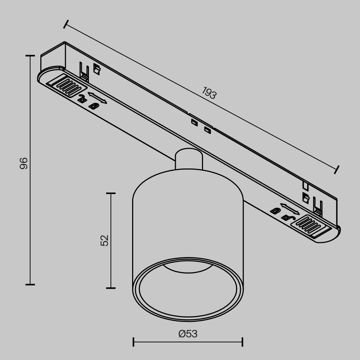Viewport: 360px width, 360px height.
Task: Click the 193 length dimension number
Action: pyautogui.click(x=209, y=93)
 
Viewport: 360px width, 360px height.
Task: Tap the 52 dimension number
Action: pyautogui.click(x=104, y=240)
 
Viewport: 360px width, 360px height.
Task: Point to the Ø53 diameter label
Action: pyautogui.click(x=188, y=334)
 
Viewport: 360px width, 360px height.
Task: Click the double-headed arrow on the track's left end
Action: pyautogui.click(x=98, y=98)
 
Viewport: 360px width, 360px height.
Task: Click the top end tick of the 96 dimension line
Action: pyautogui.click(x=30, y=56)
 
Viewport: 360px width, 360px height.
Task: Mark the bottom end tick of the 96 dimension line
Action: pyautogui.click(x=30, y=284)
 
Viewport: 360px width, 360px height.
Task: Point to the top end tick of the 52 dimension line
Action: pyautogui.click(x=111, y=193)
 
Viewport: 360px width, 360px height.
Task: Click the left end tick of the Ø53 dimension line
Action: pyautogui.click(x=134, y=342)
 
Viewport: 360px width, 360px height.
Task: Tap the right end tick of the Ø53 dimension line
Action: pyautogui.click(x=242, y=342)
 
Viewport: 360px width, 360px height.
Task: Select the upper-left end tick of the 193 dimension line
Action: pyautogui.click(x=65, y=24)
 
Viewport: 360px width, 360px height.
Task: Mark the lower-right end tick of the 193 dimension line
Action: pyautogui.click(x=337, y=169)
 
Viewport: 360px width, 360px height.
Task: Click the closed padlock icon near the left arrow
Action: pyautogui.click(x=94, y=106)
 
